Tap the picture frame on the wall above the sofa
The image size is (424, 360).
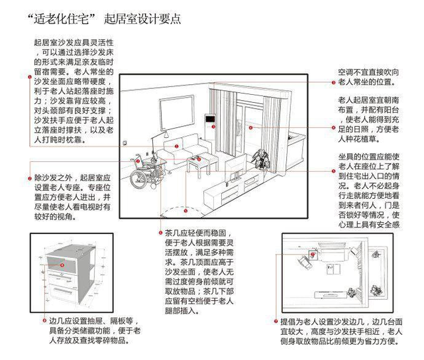[173, 107]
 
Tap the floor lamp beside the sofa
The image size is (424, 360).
[157, 143]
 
